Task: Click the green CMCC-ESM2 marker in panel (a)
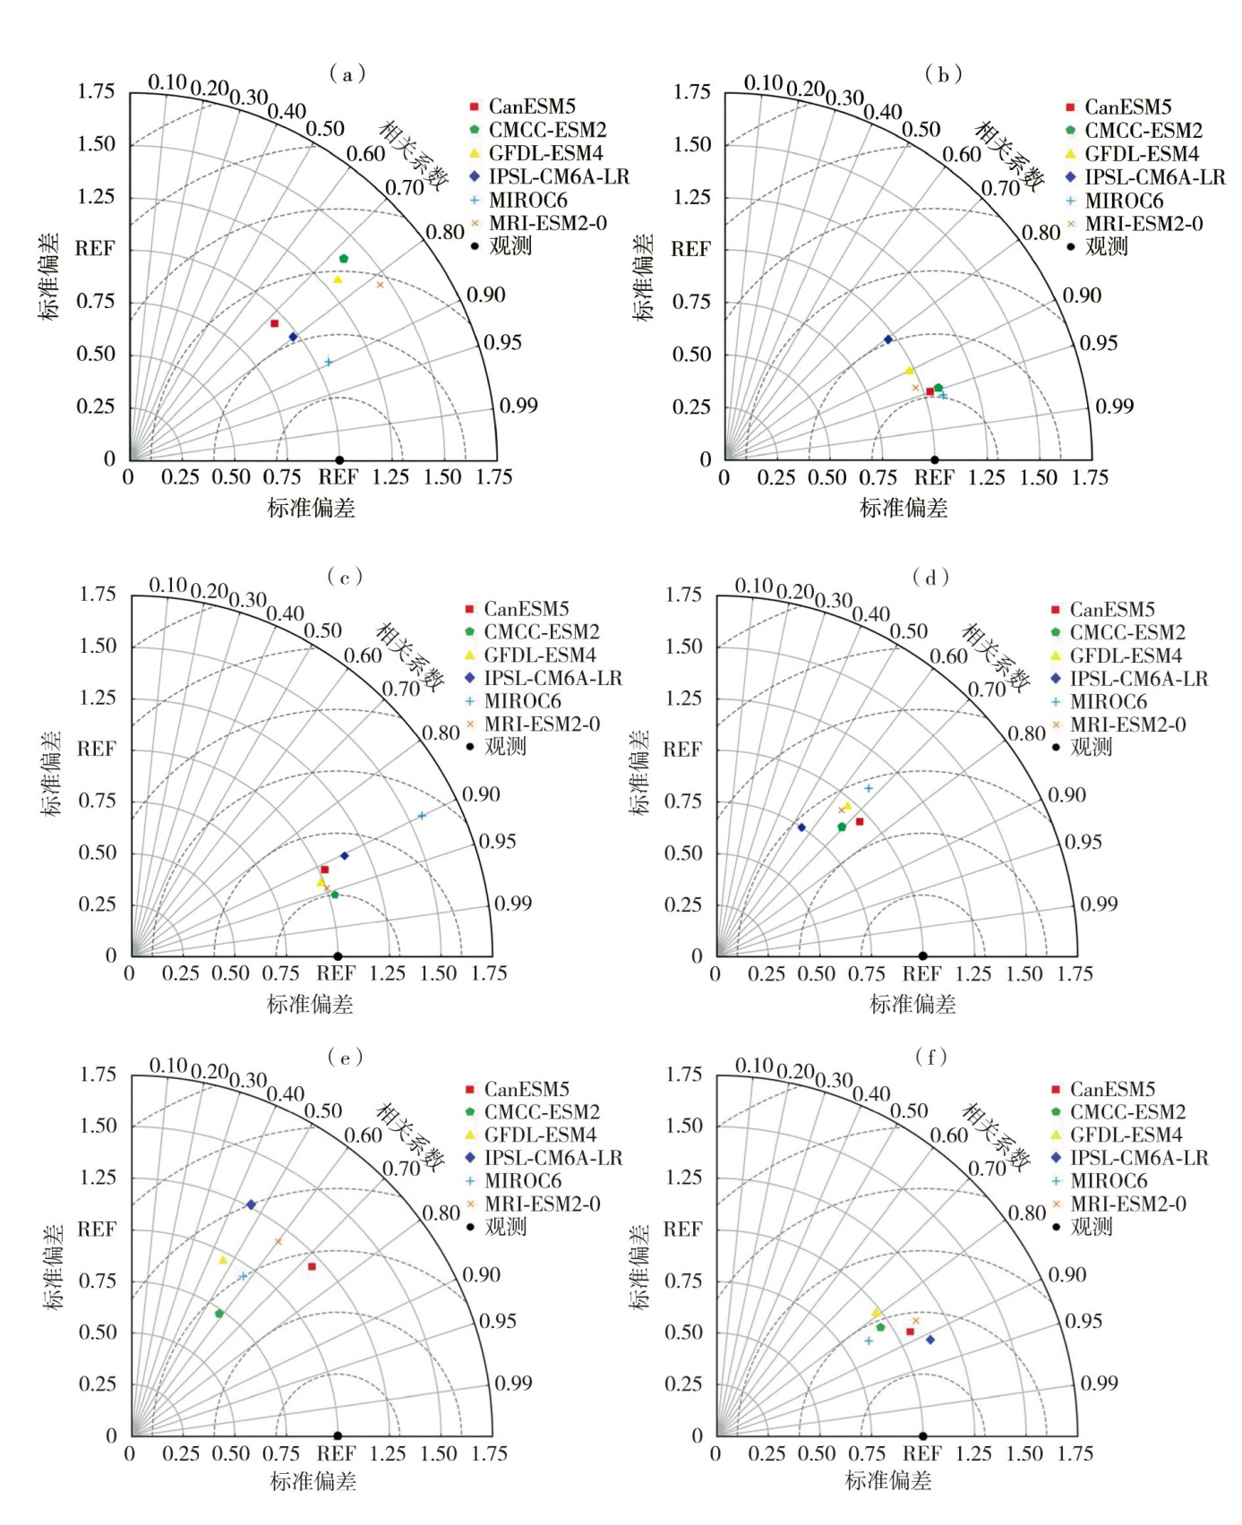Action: (343, 259)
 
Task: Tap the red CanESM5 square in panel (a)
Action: (275, 323)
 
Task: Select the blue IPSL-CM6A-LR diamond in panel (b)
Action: (888, 339)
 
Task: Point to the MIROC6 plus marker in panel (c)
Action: (422, 816)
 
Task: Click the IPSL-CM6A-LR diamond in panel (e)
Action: (252, 1204)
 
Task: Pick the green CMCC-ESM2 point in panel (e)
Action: (219, 1314)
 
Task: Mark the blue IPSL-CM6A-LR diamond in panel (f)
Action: (930, 1340)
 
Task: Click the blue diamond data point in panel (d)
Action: (801, 827)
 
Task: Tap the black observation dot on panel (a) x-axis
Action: (339, 460)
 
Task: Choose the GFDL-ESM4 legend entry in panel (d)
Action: (1126, 655)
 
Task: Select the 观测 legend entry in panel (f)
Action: (1091, 1227)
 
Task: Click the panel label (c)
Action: (345, 576)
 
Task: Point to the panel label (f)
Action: (930, 1057)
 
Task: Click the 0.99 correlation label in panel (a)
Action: (518, 406)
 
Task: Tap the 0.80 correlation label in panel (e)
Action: (441, 1213)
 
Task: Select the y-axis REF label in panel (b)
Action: (690, 249)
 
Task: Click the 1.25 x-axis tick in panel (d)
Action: (973, 974)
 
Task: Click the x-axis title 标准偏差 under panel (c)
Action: (310, 1005)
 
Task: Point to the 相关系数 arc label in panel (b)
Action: (1009, 157)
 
